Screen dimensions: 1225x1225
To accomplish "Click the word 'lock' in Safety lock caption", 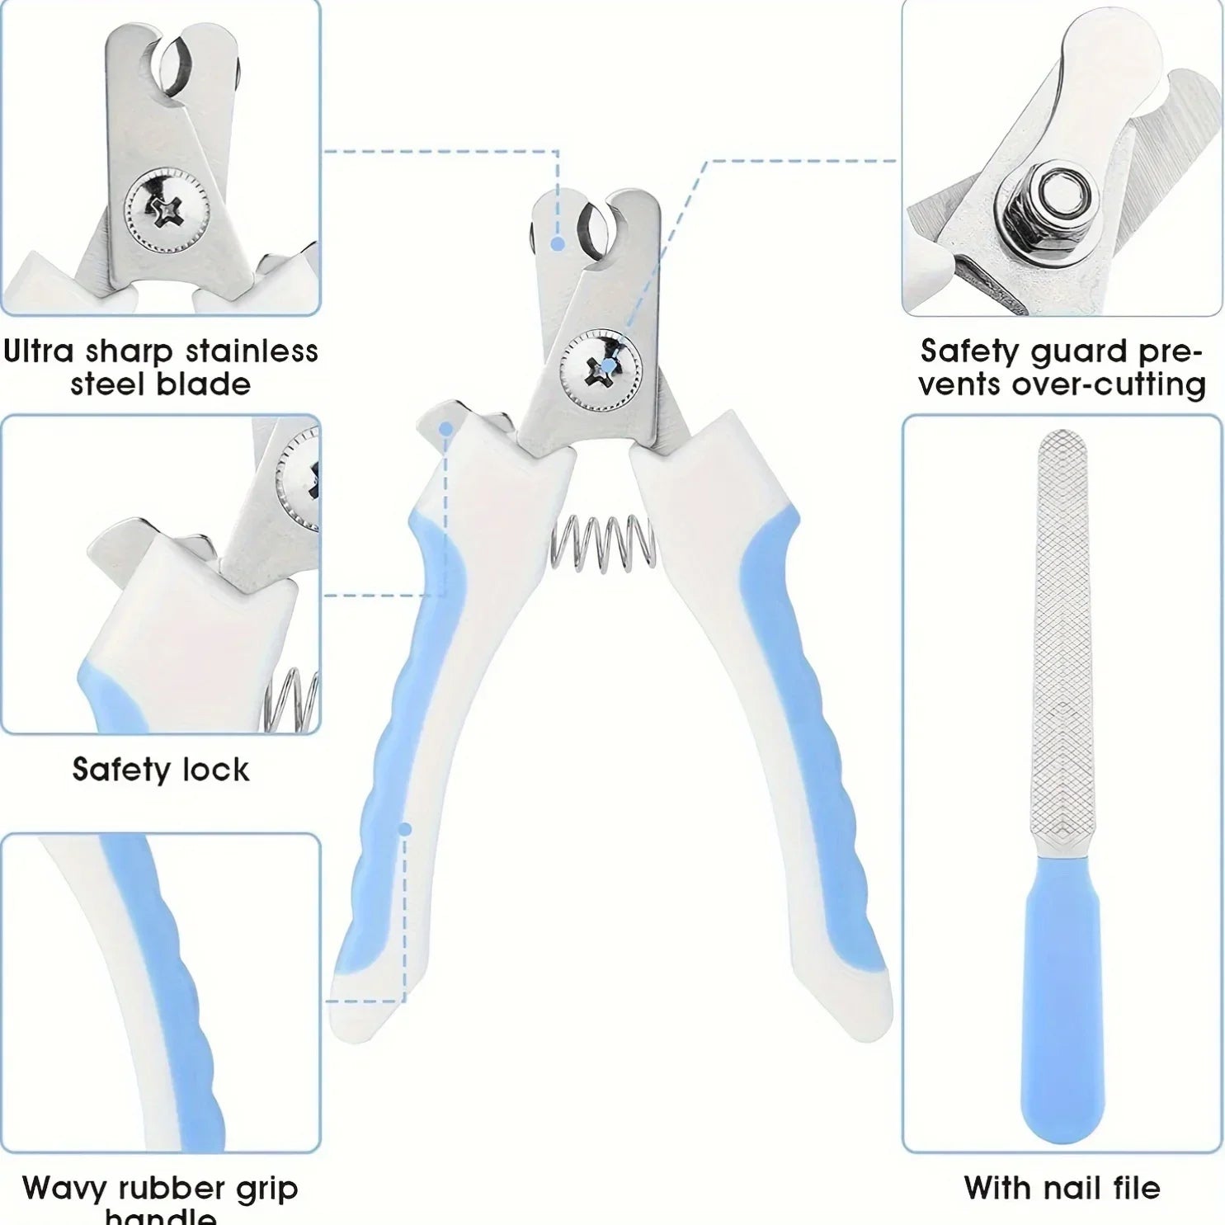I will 216,770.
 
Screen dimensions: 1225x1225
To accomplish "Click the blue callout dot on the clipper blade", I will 558,244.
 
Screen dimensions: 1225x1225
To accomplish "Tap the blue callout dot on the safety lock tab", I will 445,429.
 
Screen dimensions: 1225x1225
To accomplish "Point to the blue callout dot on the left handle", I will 405,828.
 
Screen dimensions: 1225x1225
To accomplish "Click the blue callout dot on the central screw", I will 609,365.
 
